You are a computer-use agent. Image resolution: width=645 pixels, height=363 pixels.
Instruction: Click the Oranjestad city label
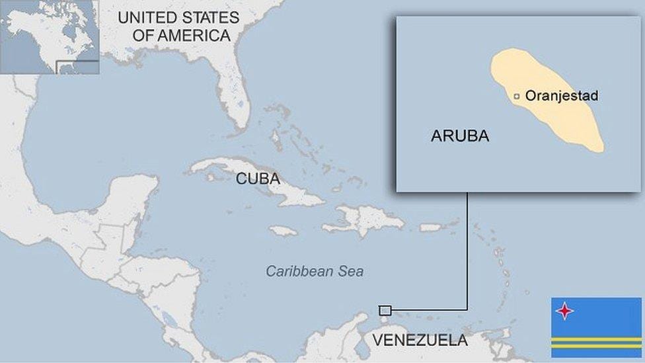tap(561, 96)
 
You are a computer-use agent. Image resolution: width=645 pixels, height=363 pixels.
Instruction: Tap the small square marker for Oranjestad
tap(517, 97)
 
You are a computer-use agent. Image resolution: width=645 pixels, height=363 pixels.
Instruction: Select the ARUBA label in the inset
tap(460, 136)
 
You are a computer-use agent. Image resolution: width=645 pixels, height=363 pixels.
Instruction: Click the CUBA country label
tap(258, 179)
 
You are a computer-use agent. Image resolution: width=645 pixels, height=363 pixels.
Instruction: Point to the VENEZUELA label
tap(420, 341)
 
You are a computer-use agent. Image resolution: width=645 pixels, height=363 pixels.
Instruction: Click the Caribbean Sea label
tap(315, 271)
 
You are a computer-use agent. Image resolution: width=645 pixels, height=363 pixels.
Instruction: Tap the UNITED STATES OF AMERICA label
tap(178, 26)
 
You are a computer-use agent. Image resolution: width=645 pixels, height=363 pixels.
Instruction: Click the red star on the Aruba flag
tap(564, 311)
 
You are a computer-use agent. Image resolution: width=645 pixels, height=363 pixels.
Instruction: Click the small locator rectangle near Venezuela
tap(385, 310)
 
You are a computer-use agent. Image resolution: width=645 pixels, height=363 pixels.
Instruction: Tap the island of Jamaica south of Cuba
tap(284, 231)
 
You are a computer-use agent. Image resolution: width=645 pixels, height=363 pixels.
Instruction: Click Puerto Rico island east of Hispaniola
tap(430, 227)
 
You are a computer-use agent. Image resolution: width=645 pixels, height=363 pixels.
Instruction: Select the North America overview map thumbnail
tap(50, 36)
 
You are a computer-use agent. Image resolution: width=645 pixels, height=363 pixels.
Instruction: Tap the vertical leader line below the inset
tap(467, 251)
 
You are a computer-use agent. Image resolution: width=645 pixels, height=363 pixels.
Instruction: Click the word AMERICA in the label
tap(182, 36)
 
